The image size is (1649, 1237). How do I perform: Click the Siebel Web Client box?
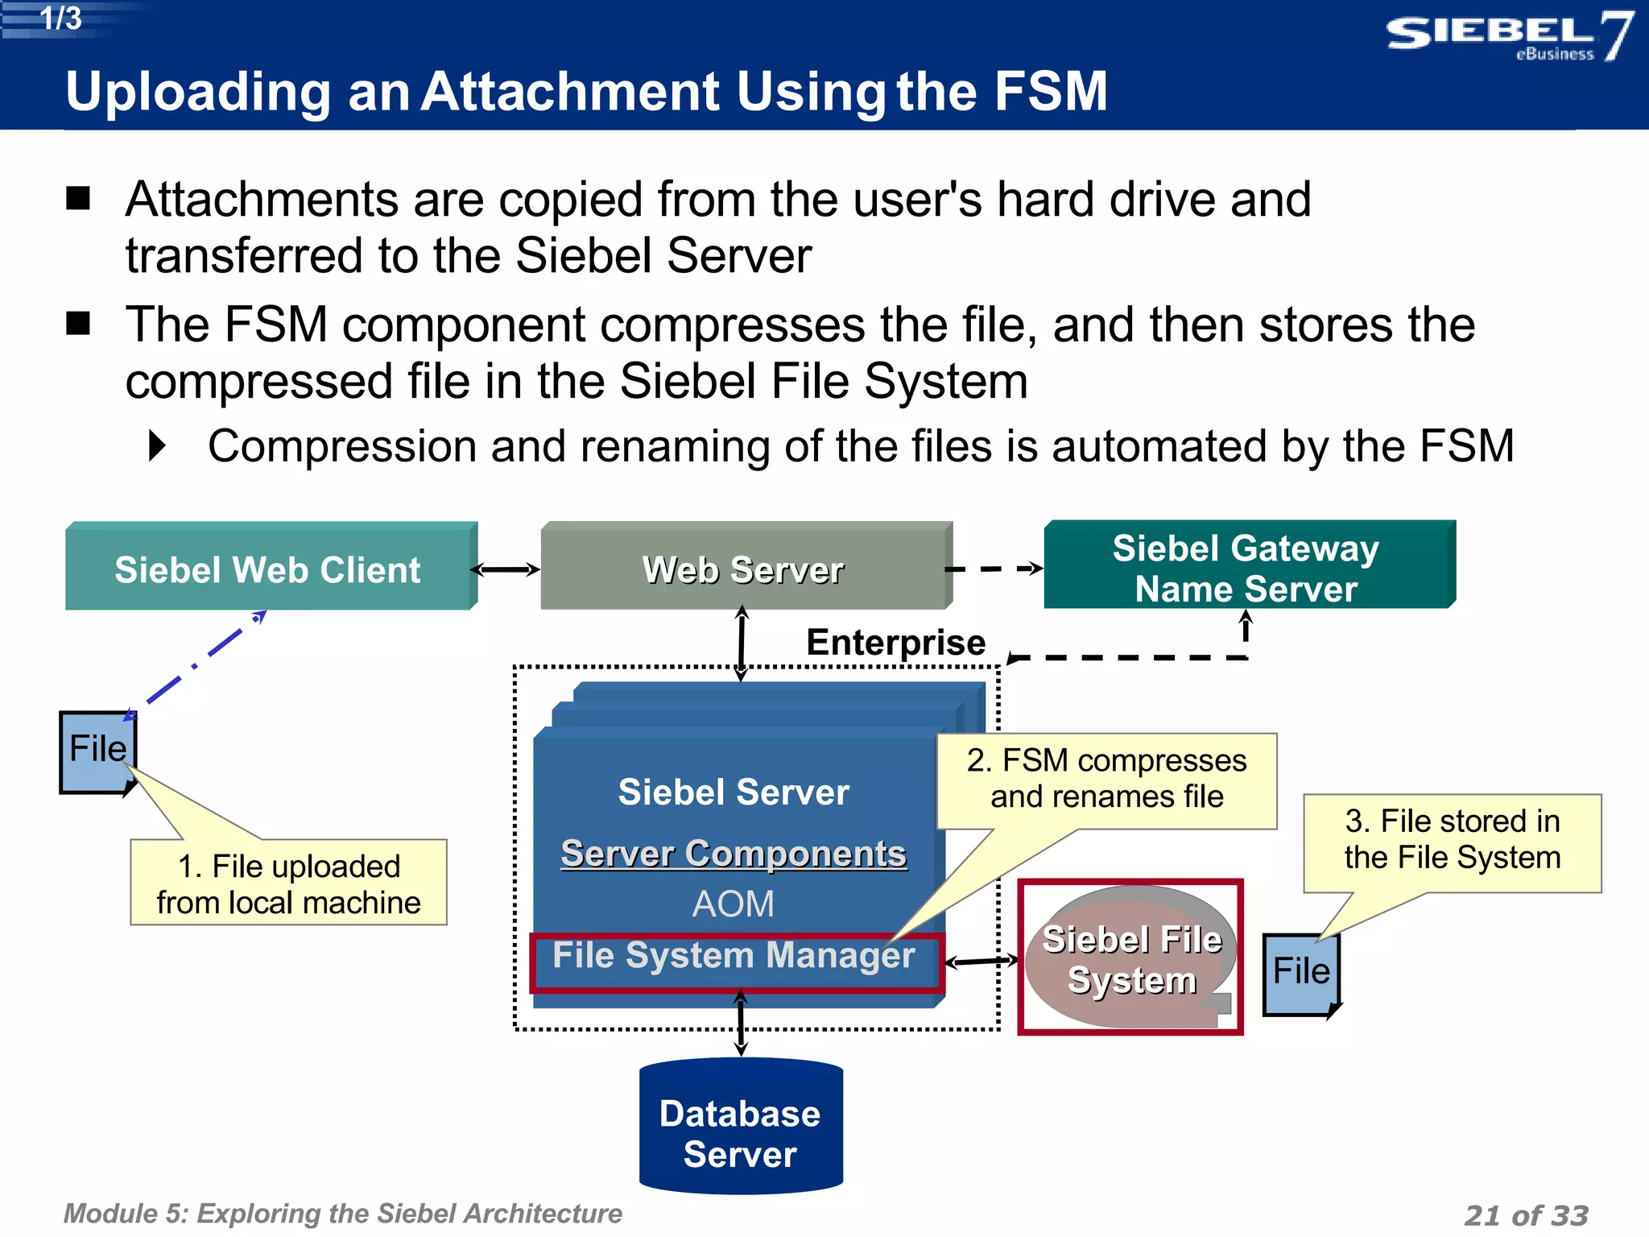(x=267, y=569)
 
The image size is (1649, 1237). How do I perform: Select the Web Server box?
(x=742, y=569)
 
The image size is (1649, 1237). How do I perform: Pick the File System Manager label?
(x=734, y=957)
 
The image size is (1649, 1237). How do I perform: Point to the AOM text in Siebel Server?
(x=733, y=904)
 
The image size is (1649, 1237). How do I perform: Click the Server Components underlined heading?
(x=734, y=854)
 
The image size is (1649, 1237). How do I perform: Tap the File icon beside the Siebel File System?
(x=1300, y=972)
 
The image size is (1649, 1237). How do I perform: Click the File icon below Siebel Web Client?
(x=97, y=751)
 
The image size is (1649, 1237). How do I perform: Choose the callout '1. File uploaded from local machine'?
(x=288, y=884)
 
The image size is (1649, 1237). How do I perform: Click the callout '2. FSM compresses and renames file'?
(x=1106, y=779)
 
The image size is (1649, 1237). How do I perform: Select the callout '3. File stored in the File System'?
(x=1452, y=840)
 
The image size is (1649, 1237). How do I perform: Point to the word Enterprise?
(x=895, y=643)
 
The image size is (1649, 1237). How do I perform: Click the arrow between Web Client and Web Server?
(x=506, y=570)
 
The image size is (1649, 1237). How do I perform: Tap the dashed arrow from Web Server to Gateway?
(x=994, y=569)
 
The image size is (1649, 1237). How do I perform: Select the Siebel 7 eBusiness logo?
(x=1508, y=36)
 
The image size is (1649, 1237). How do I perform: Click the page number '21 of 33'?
(x=1526, y=1214)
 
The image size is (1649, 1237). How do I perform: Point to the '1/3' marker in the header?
(x=60, y=19)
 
